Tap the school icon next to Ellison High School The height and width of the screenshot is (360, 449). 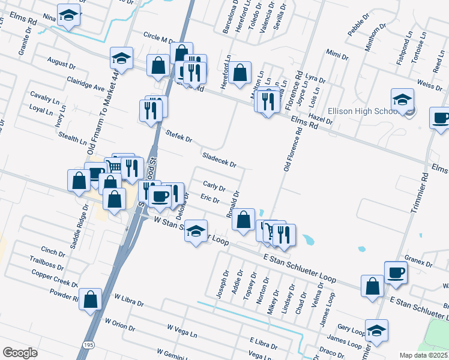402,99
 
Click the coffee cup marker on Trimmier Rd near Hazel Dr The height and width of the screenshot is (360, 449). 441,118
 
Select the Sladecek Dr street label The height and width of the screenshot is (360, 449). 219,159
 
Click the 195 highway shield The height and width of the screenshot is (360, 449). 88,344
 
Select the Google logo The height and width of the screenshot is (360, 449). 20,353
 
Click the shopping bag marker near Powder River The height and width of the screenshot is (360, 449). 90,299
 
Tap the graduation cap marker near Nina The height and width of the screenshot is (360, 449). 69,16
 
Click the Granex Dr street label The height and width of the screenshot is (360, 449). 418,262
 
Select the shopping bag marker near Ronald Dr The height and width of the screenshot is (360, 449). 243,220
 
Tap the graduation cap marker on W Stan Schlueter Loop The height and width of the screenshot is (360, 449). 196,231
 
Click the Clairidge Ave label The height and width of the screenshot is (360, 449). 85,83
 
